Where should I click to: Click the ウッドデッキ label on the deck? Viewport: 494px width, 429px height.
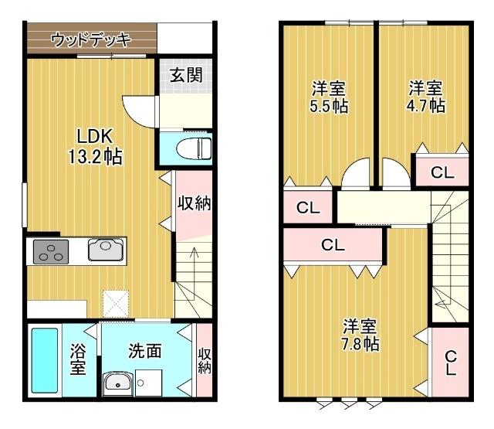90,39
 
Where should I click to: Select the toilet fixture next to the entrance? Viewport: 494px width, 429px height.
194,148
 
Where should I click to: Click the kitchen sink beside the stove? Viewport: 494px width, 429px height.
104,250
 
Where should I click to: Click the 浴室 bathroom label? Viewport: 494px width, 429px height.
78,360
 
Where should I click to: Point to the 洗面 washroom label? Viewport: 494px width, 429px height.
144,351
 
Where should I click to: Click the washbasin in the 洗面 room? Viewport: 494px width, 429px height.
117,382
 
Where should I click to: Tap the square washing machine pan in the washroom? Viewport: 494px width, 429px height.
150,382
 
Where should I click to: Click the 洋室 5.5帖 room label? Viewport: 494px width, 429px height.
328,97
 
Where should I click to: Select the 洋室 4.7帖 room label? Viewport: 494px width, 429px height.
426,97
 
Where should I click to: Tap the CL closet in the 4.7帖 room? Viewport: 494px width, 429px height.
442,172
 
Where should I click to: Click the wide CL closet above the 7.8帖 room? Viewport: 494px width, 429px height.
333,247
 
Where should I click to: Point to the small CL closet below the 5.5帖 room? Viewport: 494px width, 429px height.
308,207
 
